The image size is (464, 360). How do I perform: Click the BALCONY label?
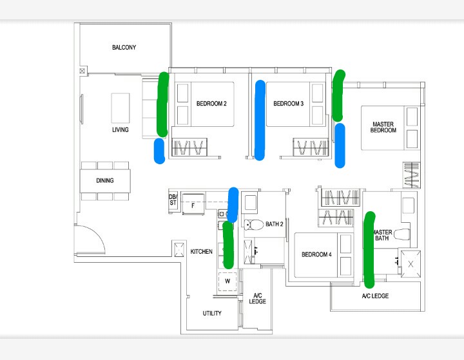pos(124,47)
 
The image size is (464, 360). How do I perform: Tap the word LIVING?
pos(120,129)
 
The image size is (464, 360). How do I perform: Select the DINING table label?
pos(105,180)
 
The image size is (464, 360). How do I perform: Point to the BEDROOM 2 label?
pos(211,104)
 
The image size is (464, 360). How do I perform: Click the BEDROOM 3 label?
pos(288,104)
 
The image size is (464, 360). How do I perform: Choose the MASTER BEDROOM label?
pos(383,128)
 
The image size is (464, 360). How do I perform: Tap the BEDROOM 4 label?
pos(316,254)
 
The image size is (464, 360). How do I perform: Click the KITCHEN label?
pos(201,251)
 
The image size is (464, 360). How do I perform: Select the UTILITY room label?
pos(212,313)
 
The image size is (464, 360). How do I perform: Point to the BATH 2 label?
pos(275,224)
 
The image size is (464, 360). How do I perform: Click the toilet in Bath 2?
pos(254,225)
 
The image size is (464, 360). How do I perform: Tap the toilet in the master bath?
pos(402,234)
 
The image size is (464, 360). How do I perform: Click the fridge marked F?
pos(193,204)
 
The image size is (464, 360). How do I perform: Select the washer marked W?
pos(227,281)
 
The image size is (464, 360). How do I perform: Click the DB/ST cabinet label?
pos(173,200)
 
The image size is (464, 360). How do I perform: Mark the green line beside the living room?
pos(162,104)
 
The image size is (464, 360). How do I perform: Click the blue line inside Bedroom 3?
pos(260,120)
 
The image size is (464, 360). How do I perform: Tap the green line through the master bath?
pos(369,250)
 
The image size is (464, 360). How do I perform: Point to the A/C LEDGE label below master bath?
pos(375,296)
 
